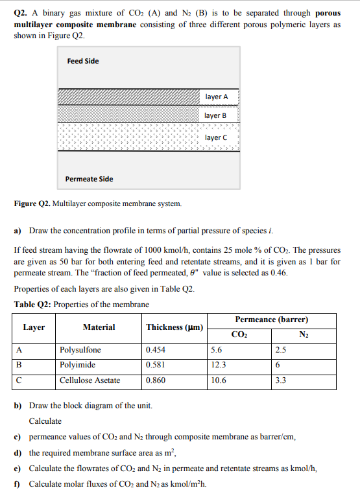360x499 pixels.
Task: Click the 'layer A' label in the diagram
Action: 217,97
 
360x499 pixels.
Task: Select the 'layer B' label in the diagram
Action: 216,115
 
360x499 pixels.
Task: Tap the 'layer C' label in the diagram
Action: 216,137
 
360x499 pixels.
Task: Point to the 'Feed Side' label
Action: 83,61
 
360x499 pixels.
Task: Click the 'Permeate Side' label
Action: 89,179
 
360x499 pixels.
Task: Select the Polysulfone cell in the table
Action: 80,350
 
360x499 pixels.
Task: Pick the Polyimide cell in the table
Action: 77,365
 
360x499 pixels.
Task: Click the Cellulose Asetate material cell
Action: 90,380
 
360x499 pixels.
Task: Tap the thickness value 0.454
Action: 156,350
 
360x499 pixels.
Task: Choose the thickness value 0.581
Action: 156,365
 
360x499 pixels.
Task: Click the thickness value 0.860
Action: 156,380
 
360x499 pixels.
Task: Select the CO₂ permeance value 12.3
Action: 219,365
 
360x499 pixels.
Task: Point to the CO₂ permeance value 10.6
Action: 219,380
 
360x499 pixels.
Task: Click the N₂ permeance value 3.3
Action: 280,380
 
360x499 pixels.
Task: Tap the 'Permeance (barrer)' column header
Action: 271,319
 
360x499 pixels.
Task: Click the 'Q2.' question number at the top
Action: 21,13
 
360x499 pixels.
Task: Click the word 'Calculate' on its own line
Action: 45,421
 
